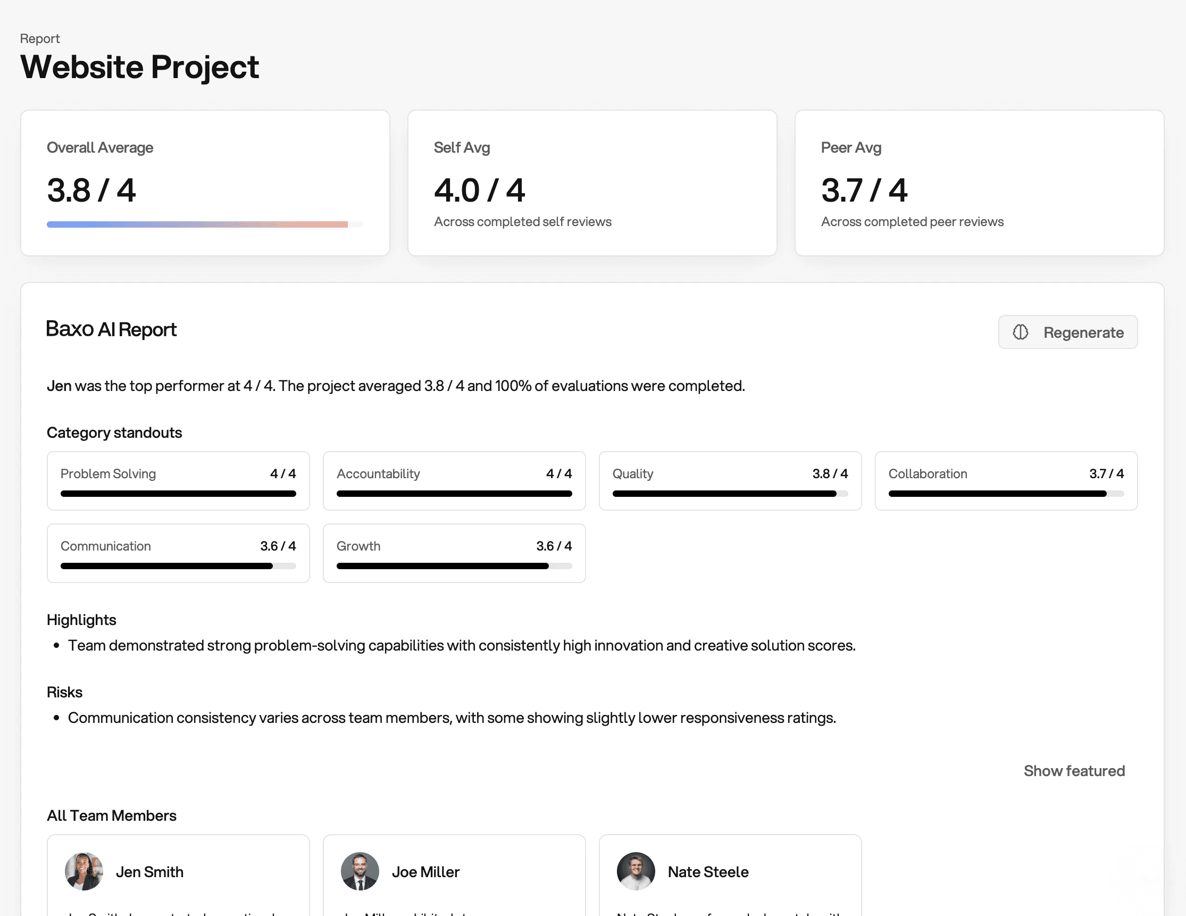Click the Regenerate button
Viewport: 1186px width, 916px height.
click(1067, 332)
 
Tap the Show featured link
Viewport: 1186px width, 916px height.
click(1074, 770)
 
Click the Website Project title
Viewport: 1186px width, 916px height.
click(139, 67)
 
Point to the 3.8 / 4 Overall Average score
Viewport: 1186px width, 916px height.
click(91, 190)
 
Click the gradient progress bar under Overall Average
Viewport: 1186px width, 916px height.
click(197, 224)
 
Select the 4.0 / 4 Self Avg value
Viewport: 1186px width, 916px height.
click(479, 190)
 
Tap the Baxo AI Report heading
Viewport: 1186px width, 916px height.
click(111, 329)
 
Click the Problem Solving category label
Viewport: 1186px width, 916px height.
click(108, 473)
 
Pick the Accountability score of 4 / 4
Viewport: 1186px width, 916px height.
click(558, 473)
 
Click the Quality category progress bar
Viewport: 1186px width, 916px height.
click(729, 493)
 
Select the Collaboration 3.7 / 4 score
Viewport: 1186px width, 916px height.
click(1106, 473)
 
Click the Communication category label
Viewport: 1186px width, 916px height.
click(105, 545)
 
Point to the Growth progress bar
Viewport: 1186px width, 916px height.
click(454, 565)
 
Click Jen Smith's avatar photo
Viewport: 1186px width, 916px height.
click(83, 871)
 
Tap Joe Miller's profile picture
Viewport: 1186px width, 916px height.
click(360, 871)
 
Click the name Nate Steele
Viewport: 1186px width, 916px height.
click(707, 871)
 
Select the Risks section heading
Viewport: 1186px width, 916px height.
click(65, 692)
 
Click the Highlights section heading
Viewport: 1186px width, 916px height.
click(81, 619)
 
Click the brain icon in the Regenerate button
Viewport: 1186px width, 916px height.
click(1020, 332)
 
